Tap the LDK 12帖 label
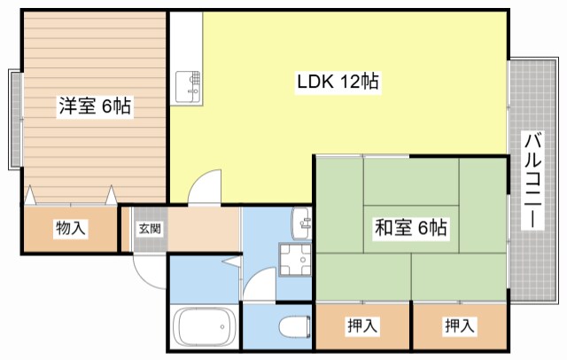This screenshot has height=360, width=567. coord(338,82)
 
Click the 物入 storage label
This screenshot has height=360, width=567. coord(71,229)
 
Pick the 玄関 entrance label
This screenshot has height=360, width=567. coord(149,228)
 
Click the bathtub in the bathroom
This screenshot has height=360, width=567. coord(206,329)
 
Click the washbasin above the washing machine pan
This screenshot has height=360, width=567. coord(301,222)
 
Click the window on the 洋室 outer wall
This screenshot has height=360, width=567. coord(15,117)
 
